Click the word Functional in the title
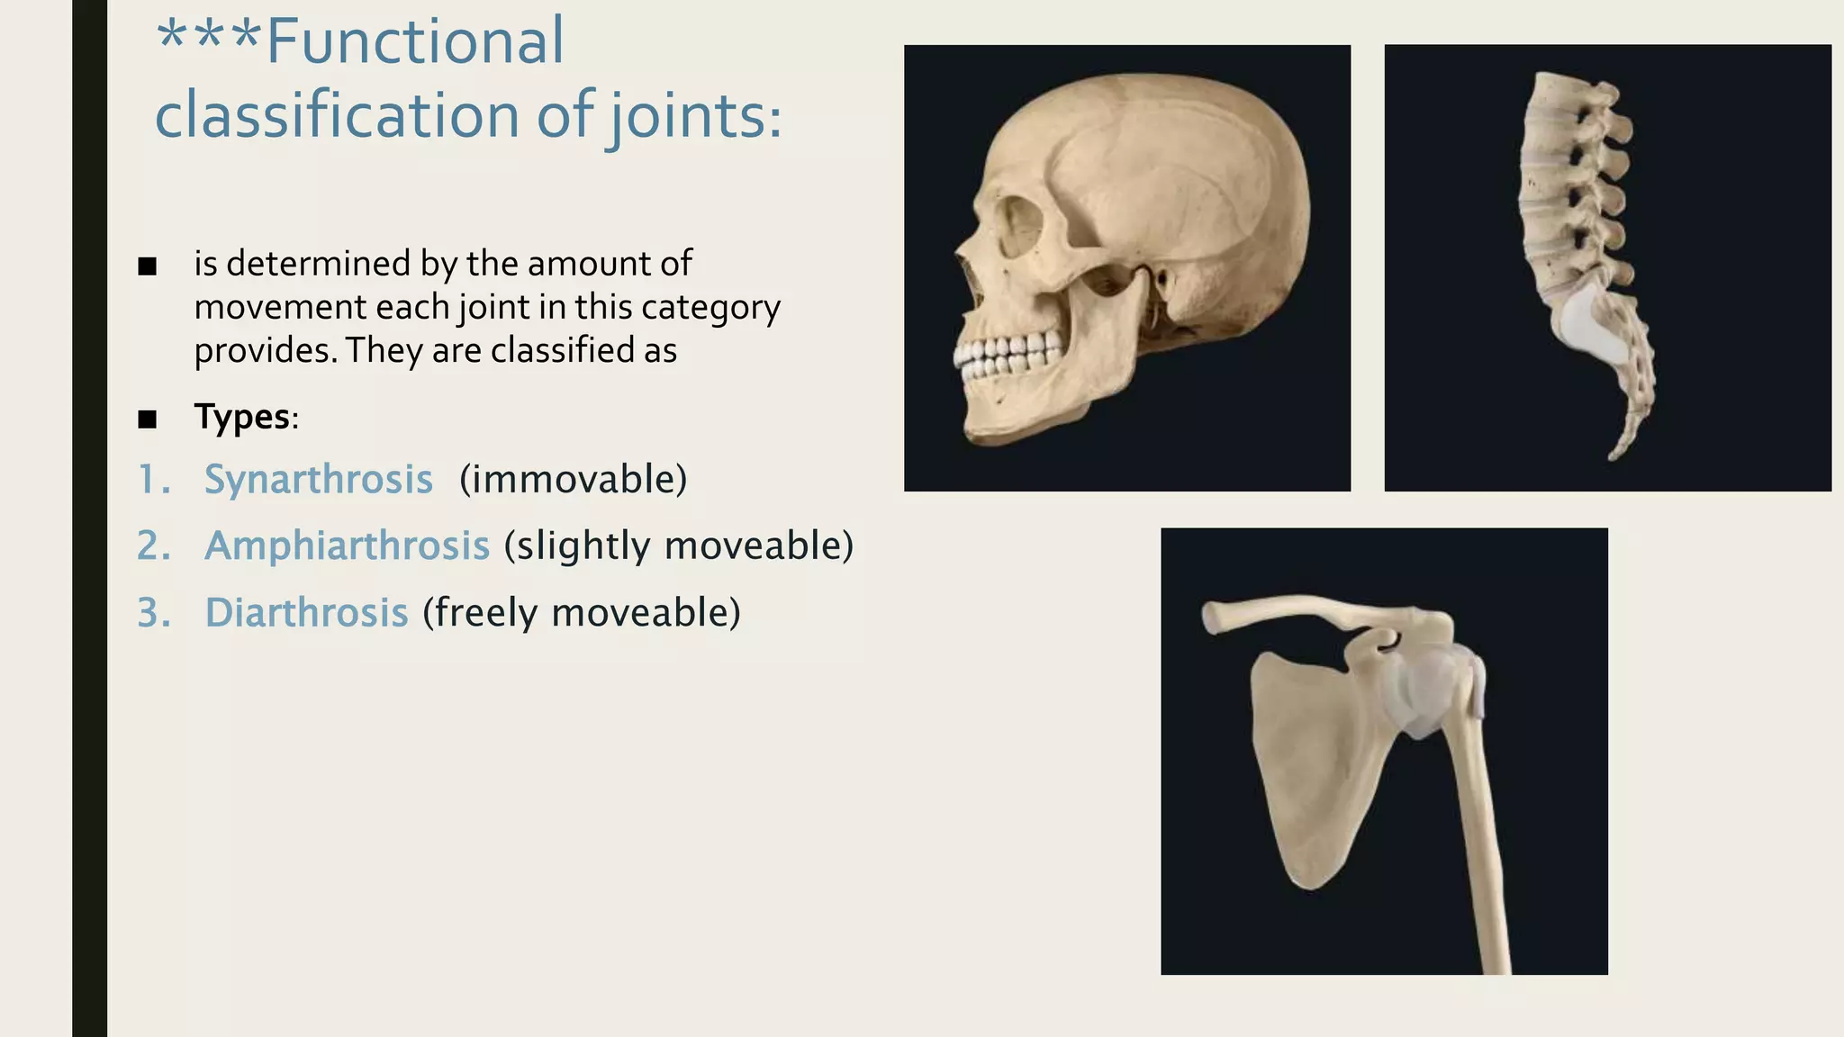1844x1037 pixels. click(x=415, y=41)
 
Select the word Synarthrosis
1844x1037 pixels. click(x=319, y=479)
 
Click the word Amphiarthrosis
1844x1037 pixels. click(x=347, y=546)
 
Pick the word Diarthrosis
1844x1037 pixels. click(x=306, y=612)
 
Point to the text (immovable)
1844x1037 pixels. click(x=573, y=479)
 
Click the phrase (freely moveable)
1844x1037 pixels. click(x=582, y=612)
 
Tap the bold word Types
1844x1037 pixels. click(x=242, y=417)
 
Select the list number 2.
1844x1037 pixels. click(x=154, y=546)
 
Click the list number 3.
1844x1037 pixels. click(x=154, y=612)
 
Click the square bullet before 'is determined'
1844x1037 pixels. click(x=148, y=266)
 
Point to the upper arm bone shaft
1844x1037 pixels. click(x=1481, y=855)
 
